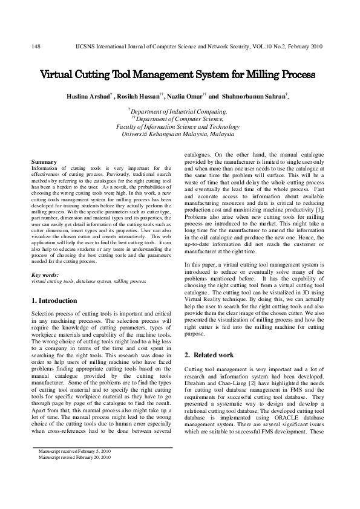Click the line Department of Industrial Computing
pyautogui.click(x=179, y=112)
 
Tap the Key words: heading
pyautogui.click(x=45, y=275)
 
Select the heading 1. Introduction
pyautogui.click(x=54, y=300)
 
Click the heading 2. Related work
pyautogui.click(x=209, y=354)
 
